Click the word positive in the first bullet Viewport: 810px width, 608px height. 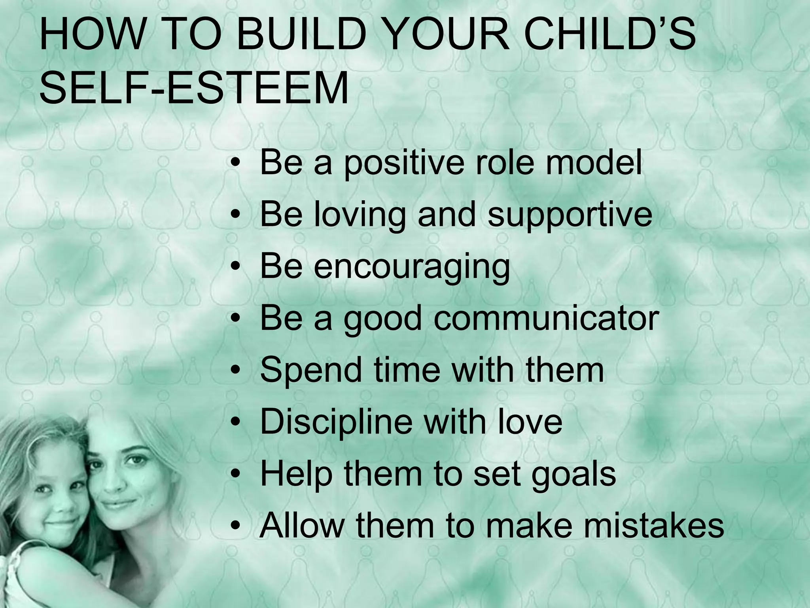point(404,163)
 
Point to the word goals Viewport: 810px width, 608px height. point(573,475)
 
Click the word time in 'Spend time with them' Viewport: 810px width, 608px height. point(407,370)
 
